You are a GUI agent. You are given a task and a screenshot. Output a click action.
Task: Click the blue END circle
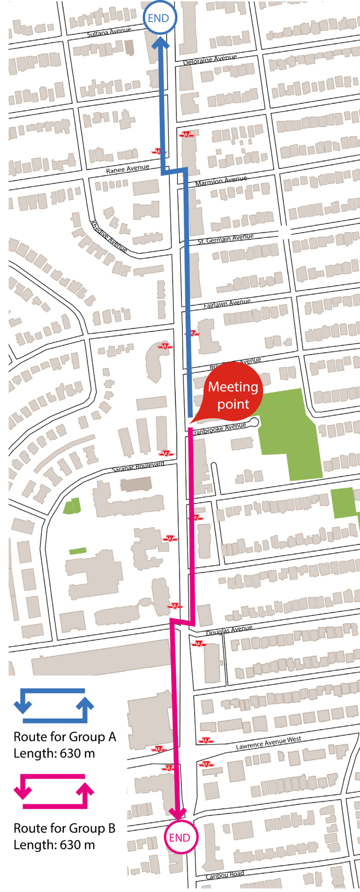pos(158,18)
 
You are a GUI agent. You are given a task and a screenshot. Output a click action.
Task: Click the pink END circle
pos(180,837)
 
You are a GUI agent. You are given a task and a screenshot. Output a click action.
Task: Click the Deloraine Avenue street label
pos(210,59)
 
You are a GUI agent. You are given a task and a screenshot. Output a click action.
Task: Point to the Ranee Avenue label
pos(127,169)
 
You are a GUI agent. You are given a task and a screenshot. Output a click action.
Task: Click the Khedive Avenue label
pos(109,237)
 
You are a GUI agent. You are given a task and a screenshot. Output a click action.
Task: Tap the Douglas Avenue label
pos(229,630)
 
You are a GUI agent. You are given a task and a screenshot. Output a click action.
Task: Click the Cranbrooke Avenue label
pos(219,428)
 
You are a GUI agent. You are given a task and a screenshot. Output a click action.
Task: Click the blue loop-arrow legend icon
pos(53,706)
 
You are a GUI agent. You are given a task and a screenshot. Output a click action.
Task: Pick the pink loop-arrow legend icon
pos(53,791)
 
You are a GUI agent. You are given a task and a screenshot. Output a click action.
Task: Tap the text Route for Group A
pos(65,737)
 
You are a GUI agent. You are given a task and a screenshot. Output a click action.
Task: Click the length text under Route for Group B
pos(54,845)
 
